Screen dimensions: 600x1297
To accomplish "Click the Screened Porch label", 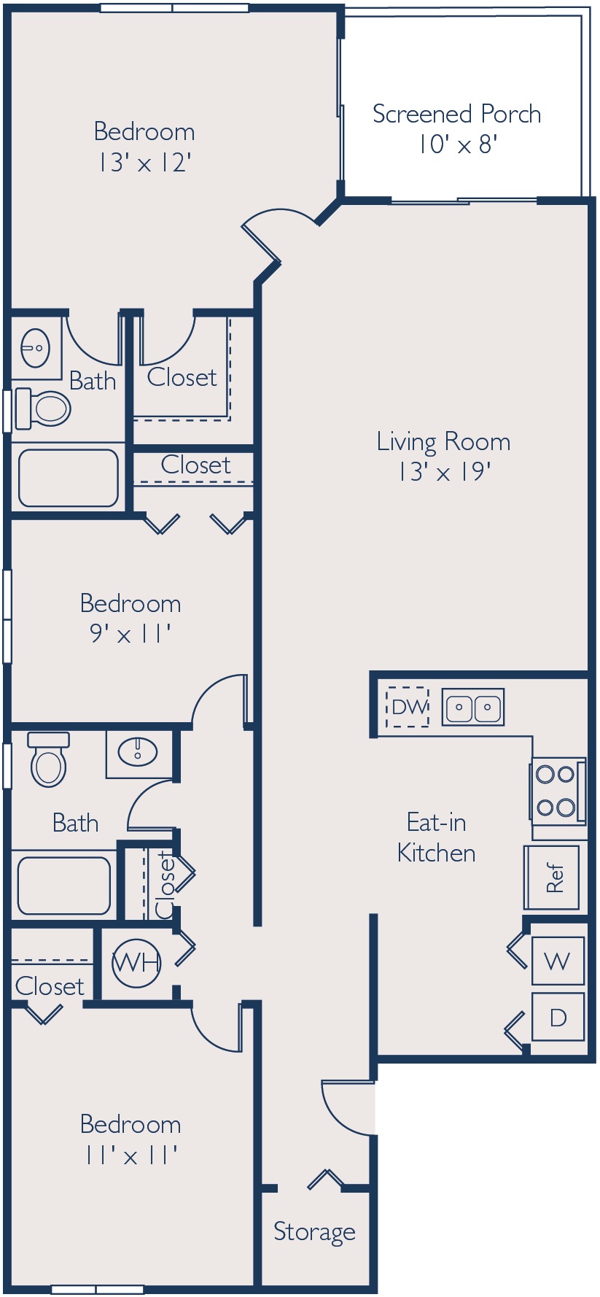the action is click(x=456, y=114).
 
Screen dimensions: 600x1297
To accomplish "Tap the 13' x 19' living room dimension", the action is click(x=443, y=472).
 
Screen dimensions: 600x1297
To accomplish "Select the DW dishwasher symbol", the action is click(x=408, y=707).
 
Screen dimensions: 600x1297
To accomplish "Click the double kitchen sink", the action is click(x=473, y=707).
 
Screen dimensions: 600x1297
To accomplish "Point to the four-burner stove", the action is click(x=558, y=791).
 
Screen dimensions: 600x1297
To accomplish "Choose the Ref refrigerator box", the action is click(x=552, y=878).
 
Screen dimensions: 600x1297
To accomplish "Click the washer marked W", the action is click(x=558, y=961).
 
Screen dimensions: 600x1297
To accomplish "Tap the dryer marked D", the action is click(x=558, y=1017).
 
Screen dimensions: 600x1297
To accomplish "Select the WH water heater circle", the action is click(x=136, y=963).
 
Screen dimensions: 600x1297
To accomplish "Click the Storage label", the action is click(x=314, y=1231).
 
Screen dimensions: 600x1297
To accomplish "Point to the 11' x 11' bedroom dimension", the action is click(x=130, y=1155).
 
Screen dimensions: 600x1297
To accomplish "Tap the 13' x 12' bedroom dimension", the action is click(x=144, y=163).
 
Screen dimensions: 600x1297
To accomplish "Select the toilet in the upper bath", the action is click(x=43, y=408).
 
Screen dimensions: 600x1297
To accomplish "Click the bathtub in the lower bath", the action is click(x=64, y=886).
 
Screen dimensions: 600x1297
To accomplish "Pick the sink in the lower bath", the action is click(x=138, y=751).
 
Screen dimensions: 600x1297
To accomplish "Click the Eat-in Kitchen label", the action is click(x=436, y=837).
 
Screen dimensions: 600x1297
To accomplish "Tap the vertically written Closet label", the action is click(x=165, y=885).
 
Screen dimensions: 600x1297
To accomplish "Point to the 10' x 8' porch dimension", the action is click(x=457, y=144).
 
